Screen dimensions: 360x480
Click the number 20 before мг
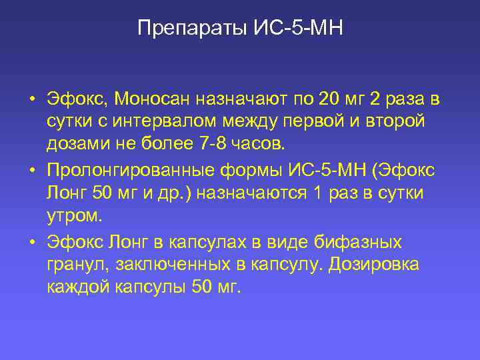pyautogui.click(x=329, y=100)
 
